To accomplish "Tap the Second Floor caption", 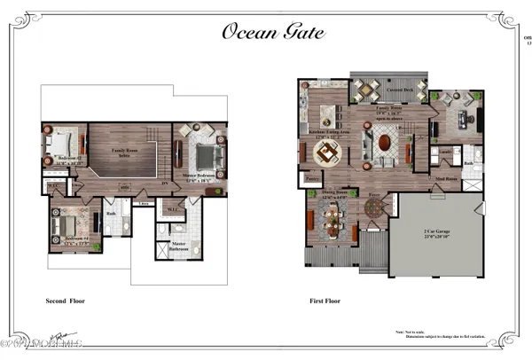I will coord(64,301).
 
